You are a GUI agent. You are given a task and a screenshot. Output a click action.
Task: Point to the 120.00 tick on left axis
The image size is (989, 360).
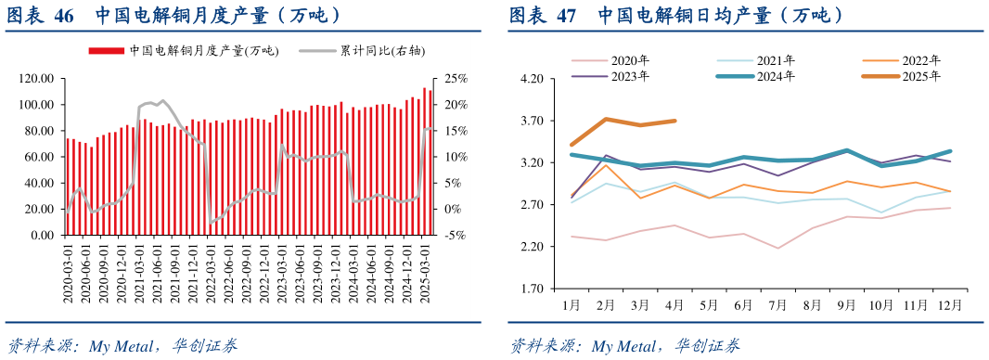(x=36, y=79)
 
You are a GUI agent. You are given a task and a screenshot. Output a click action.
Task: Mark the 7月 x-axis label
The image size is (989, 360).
(x=777, y=304)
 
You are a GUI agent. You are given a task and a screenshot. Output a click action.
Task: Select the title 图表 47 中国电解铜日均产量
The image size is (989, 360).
(x=677, y=16)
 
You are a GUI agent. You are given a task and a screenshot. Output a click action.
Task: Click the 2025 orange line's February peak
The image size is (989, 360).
(x=606, y=119)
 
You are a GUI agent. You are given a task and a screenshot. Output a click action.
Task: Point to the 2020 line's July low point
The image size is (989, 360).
(x=777, y=248)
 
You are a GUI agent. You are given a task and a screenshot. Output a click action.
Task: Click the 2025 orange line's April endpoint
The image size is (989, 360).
(x=674, y=121)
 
